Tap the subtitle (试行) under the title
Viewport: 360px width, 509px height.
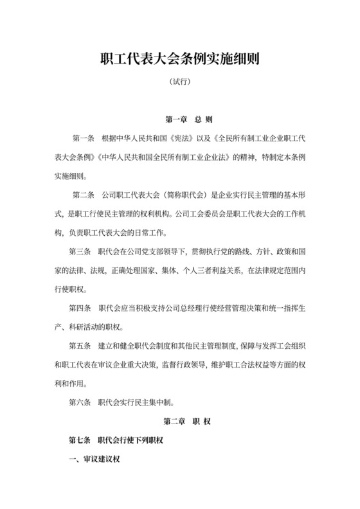coord(180,83)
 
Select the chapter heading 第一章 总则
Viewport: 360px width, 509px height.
coord(180,120)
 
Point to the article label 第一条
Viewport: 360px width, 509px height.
coord(84,138)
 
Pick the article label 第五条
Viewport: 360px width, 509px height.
coord(81,346)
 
